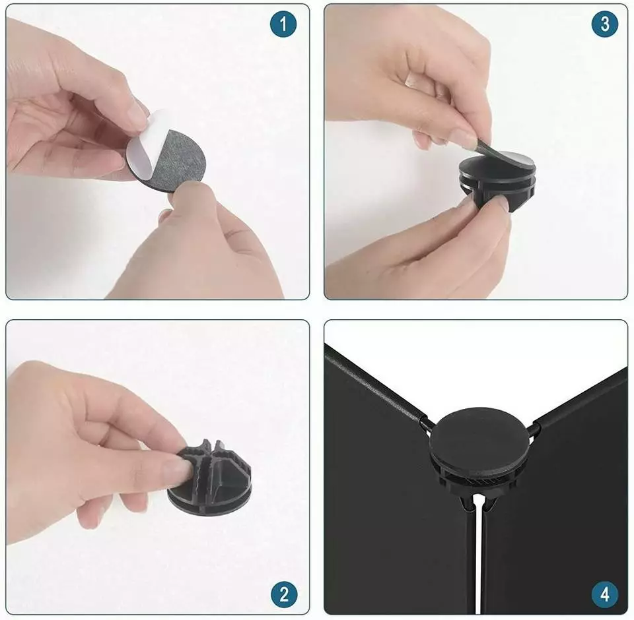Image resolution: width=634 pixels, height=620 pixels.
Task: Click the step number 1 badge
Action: point(283,24)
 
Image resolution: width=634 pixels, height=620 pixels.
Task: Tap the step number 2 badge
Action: point(284,594)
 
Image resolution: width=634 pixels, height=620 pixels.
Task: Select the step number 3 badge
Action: point(605,24)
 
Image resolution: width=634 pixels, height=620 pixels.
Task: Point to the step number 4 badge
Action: point(605,594)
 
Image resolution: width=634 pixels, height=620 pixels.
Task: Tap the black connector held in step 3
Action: point(497,182)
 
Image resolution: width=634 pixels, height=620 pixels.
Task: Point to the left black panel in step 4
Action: point(396,505)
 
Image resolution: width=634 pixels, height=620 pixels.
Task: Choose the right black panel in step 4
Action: point(558,517)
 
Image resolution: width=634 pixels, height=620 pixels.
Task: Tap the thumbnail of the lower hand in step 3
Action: point(498,202)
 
